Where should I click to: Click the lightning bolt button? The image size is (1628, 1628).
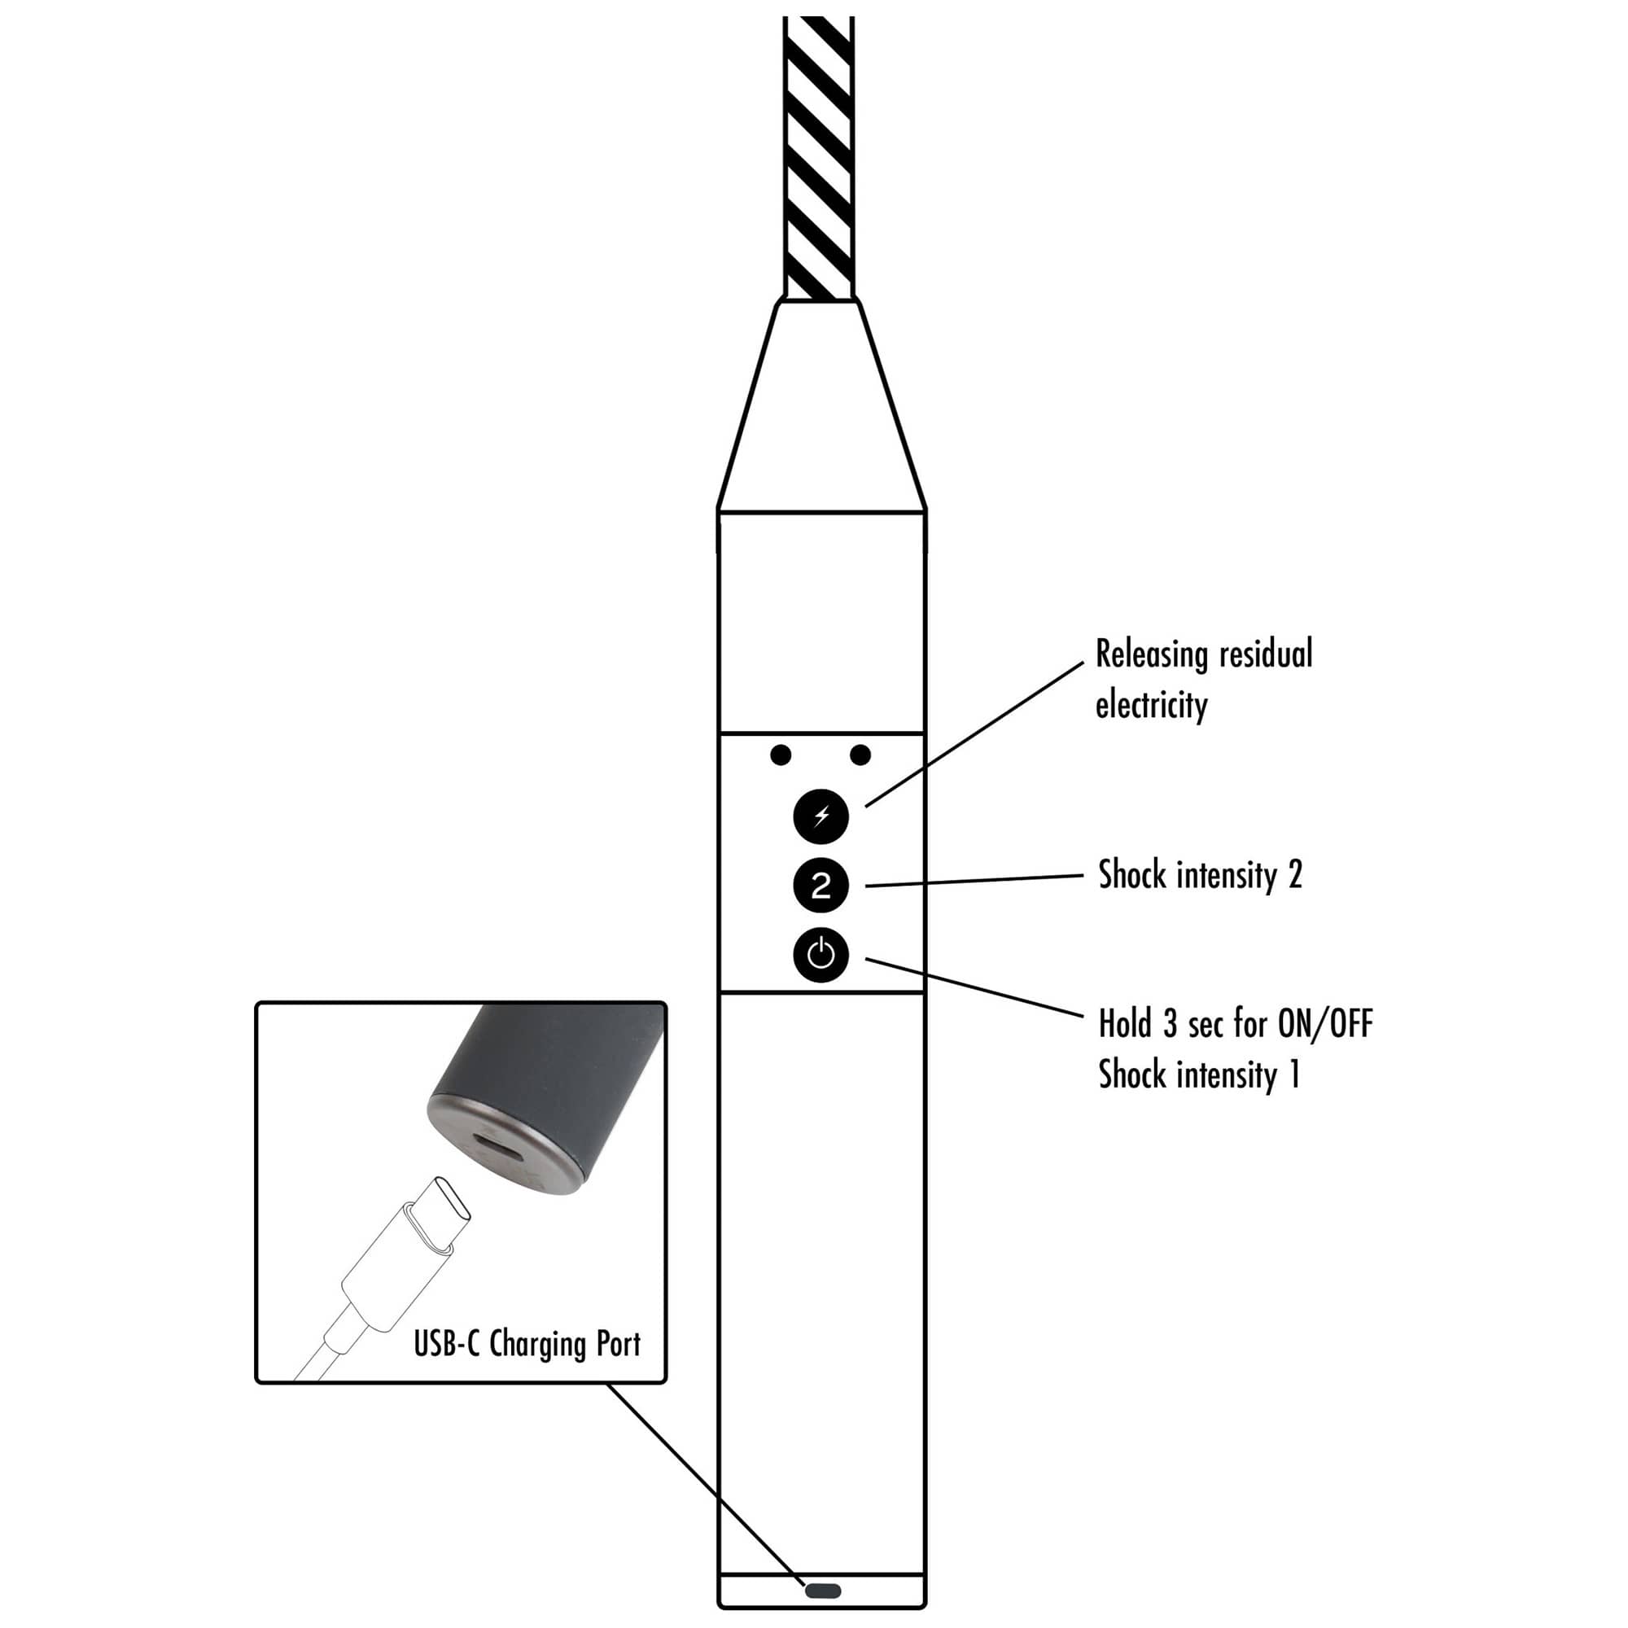(821, 816)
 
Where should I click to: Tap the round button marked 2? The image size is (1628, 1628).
(821, 886)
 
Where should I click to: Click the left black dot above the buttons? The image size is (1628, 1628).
(781, 755)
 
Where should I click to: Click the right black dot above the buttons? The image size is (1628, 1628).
(860, 755)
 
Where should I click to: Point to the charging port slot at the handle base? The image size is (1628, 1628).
(822, 1591)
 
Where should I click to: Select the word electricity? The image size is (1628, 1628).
(1151, 704)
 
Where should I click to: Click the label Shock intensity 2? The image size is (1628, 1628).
(1200, 876)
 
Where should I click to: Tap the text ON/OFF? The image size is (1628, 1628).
(1325, 1024)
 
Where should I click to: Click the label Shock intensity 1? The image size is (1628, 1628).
(1198, 1075)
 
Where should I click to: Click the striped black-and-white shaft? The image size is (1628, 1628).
(818, 158)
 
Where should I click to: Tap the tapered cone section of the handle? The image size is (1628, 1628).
(821, 405)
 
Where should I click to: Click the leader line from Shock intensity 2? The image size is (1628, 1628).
(974, 881)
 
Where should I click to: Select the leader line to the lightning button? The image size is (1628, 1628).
(974, 734)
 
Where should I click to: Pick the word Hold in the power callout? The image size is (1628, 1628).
(1125, 1024)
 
